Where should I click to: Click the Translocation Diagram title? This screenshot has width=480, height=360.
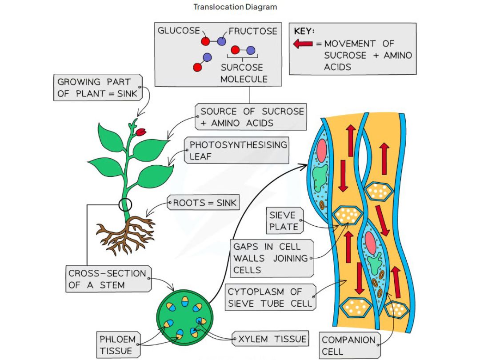tap(235, 7)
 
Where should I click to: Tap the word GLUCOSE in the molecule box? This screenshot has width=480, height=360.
tap(179, 31)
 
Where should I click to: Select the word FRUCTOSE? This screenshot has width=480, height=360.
tap(253, 31)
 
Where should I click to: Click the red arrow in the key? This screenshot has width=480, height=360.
tap(304, 44)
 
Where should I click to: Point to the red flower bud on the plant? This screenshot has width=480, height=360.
tap(141, 132)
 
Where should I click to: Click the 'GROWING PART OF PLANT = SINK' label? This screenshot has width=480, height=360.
tap(97, 88)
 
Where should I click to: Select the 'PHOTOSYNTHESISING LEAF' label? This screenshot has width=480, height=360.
tap(238, 151)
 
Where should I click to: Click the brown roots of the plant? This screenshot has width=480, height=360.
tap(127, 233)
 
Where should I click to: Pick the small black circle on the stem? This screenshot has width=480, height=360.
tap(125, 205)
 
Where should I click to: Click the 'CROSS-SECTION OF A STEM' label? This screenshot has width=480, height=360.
tap(107, 279)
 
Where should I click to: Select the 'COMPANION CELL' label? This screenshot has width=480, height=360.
tap(348, 345)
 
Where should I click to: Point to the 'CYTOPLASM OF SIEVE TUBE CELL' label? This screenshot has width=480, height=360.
tap(271, 298)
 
